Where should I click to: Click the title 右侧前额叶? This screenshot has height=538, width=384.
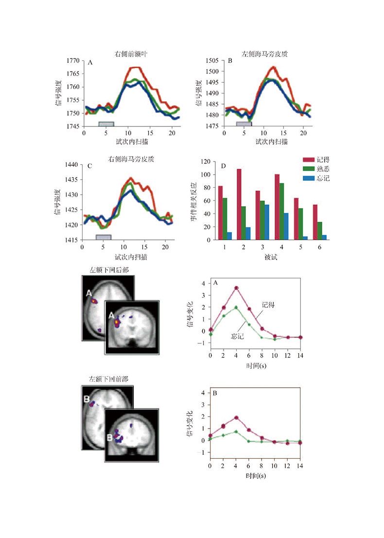click(128, 55)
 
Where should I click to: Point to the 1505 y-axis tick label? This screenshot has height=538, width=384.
click(212, 61)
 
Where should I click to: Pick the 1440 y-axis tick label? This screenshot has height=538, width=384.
click(73, 165)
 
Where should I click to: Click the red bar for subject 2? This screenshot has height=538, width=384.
click(239, 204)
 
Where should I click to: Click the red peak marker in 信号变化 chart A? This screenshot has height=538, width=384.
click(236, 288)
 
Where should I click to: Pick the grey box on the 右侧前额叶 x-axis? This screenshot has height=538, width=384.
click(106, 124)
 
